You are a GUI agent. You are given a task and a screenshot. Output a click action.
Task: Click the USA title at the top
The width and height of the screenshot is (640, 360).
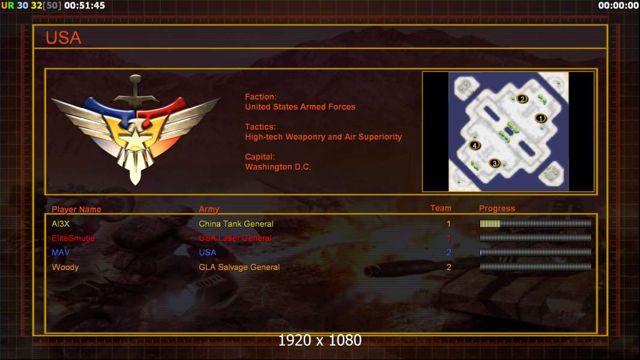click(x=63, y=38)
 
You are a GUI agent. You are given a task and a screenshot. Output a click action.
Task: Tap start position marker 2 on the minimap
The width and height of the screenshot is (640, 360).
click(x=522, y=98)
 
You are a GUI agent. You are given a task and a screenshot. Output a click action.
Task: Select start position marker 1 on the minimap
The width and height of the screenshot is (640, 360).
click(x=541, y=118)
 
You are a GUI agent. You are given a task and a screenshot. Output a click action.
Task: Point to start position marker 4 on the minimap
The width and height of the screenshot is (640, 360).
click(x=474, y=145)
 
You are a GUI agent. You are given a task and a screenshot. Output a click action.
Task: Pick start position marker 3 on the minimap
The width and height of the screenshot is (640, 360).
click(x=495, y=163)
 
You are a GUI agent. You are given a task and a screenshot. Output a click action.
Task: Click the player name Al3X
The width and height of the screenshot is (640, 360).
click(x=61, y=224)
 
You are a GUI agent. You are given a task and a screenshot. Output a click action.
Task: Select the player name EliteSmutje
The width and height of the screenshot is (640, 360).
click(x=73, y=238)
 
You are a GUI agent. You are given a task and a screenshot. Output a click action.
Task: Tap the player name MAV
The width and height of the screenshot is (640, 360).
click(x=61, y=253)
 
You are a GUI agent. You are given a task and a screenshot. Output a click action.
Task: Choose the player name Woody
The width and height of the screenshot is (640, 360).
click(x=65, y=268)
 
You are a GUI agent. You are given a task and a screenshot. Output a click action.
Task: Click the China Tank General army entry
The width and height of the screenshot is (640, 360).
click(x=236, y=224)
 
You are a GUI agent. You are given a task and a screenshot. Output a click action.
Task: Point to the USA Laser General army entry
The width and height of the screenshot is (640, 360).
click(x=235, y=238)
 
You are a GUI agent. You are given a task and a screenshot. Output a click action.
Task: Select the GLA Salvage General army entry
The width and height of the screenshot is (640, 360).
click(x=239, y=268)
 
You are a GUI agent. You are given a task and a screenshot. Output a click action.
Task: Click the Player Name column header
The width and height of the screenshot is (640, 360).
click(x=76, y=209)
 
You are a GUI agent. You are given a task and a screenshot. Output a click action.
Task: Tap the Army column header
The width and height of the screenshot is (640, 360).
click(x=209, y=209)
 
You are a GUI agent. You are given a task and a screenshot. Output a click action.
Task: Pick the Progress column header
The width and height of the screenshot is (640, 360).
click(x=497, y=208)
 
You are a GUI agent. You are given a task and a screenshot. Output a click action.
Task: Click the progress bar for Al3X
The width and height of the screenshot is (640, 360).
click(x=536, y=223)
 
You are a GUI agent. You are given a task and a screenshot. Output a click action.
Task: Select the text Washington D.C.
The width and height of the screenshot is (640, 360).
click(x=278, y=167)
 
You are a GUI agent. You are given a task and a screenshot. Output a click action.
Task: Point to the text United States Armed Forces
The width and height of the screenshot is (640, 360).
click(x=300, y=107)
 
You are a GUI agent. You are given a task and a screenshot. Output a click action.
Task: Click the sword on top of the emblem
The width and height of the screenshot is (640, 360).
click(x=136, y=92)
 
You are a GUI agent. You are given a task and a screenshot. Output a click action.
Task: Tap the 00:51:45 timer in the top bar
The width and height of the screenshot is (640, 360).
click(x=85, y=6)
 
